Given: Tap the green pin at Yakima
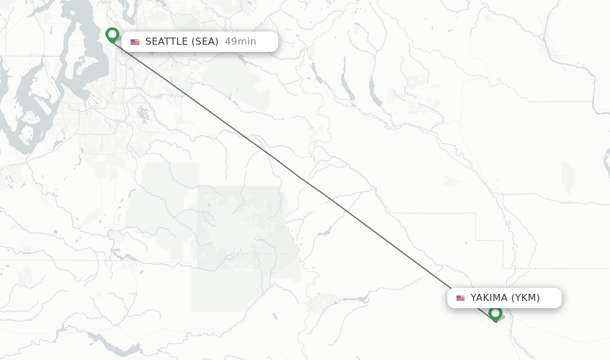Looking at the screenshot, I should [x=495, y=314].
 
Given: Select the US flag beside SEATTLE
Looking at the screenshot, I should [x=135, y=42].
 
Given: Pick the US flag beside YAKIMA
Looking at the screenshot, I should [x=460, y=298].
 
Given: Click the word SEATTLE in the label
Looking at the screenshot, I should [x=167, y=42].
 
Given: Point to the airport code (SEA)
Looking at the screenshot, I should [x=205, y=42].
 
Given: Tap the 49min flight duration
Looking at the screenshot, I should [x=240, y=42].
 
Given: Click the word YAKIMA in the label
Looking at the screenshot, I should [x=488, y=298].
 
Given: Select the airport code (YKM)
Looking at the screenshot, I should [x=525, y=298].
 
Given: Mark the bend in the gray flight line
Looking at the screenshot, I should [x=302, y=178].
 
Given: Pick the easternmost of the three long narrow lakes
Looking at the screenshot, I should [x=375, y=89].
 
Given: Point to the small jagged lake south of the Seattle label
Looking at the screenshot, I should [x=142, y=113].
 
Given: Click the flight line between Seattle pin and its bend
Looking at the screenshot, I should [x=208, y=108].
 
